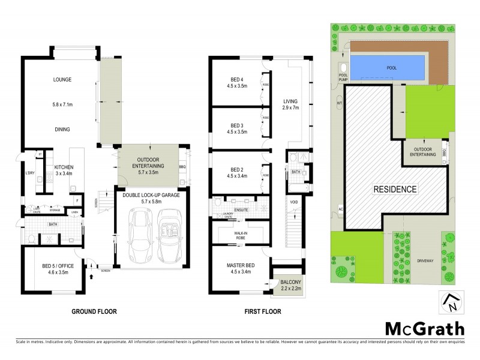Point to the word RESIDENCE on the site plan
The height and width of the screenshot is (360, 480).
[395, 189]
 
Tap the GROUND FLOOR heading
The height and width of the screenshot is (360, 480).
[94, 311]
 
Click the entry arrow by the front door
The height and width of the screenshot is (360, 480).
[91, 277]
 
